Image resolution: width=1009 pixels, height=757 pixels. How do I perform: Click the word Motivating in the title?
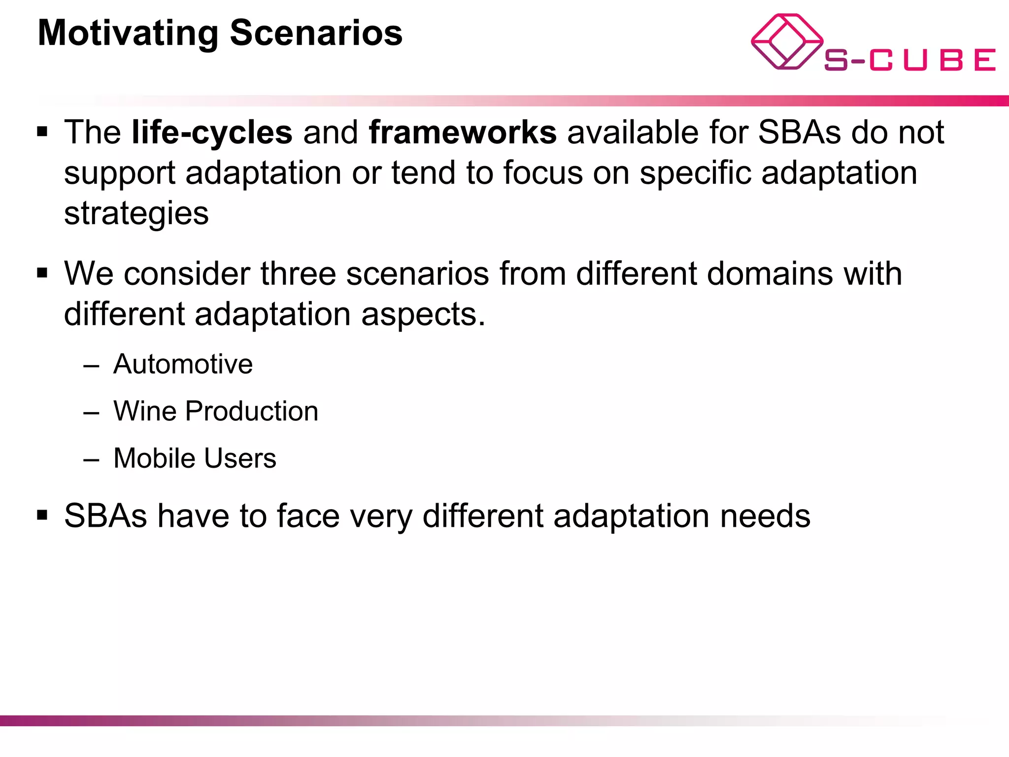click(x=128, y=34)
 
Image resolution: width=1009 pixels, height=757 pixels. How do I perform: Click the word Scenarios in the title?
click(x=316, y=34)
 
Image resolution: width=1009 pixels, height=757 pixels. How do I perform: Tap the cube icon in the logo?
click(x=787, y=41)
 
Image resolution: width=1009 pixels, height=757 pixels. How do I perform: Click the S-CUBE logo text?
click(x=909, y=60)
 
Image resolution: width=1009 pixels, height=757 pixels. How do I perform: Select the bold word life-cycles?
click(x=212, y=133)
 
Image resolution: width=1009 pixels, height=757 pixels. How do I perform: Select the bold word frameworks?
click(x=463, y=133)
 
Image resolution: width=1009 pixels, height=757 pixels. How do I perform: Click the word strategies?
click(x=136, y=214)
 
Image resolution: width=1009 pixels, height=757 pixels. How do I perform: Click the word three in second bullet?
click(x=298, y=274)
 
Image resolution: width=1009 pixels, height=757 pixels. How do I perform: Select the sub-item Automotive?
click(x=183, y=365)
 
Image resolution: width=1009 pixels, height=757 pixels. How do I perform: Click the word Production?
click(x=252, y=412)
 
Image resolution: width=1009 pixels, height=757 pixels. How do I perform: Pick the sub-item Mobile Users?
click(x=195, y=458)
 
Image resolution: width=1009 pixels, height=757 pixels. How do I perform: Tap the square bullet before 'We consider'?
click(x=43, y=273)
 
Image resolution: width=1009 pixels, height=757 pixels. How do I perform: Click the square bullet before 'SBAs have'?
click(x=43, y=516)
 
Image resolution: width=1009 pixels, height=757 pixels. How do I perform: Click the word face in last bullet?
click(x=308, y=516)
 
